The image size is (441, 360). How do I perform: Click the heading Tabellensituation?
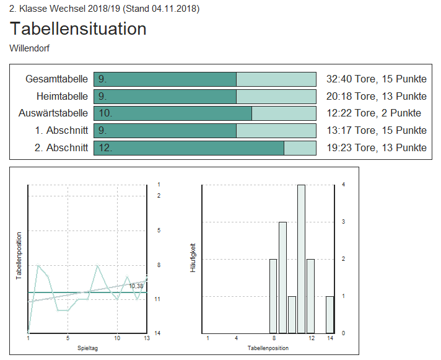78,29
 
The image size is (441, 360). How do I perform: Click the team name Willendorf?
30,48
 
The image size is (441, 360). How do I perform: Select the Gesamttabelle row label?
56,79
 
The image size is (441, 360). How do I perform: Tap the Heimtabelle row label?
62,97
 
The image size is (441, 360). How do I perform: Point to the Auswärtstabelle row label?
53,113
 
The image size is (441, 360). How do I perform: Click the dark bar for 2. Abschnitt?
189,147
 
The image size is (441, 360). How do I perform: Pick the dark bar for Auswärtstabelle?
173,113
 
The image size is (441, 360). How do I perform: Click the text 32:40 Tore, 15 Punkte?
376,79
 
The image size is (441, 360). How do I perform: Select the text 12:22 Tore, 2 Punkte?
373,113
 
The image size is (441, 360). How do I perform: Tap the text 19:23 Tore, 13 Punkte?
376,147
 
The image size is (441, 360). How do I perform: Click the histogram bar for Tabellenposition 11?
302,258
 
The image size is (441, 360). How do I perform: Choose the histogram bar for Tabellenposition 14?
330,314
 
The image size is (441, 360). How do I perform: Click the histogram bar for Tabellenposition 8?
273,296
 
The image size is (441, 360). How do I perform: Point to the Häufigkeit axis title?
193,258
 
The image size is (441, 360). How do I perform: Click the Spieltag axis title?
87,348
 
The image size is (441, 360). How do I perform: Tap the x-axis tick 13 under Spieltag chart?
146,338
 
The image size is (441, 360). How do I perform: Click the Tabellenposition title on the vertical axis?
19,256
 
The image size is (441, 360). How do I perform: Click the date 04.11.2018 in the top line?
174,9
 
